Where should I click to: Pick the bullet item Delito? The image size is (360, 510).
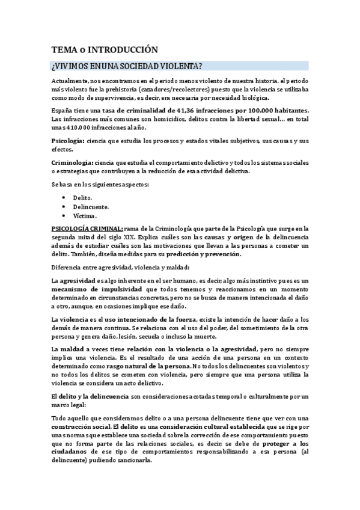point(83,197)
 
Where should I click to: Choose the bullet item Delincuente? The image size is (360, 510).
point(91,206)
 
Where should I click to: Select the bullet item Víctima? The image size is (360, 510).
point(85,215)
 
